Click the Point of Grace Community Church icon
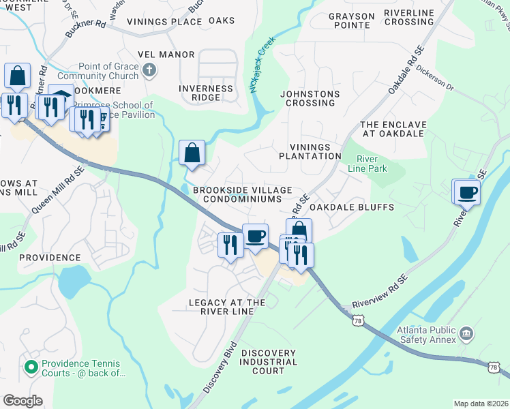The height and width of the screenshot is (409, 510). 149,70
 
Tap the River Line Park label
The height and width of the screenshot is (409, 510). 367,163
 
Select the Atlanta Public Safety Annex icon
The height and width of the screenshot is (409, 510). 467,334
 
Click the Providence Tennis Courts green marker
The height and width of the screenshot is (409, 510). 30,367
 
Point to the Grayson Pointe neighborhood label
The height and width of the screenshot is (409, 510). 352,20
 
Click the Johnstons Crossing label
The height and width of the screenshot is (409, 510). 310,98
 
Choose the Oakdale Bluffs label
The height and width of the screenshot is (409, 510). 351,207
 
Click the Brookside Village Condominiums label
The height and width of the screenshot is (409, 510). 243,194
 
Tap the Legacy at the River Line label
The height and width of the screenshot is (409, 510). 227,307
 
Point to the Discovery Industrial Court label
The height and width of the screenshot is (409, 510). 258,362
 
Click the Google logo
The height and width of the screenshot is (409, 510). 23,401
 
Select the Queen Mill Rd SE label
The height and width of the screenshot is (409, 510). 57,189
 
